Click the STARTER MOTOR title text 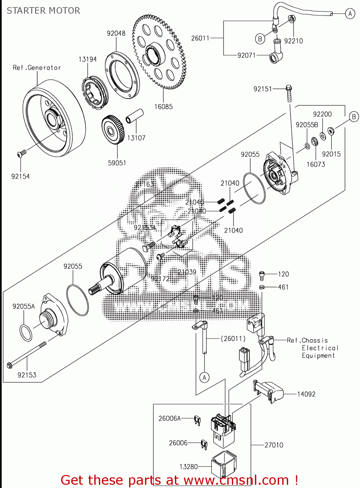click(x=43, y=11)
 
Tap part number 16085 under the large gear click(x=163, y=107)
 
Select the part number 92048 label click(x=116, y=33)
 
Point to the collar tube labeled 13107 click(x=134, y=116)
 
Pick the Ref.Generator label click(x=37, y=68)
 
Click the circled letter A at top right click(x=350, y=14)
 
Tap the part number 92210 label click(x=293, y=41)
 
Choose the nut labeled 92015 click(x=331, y=131)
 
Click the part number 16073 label click(x=315, y=164)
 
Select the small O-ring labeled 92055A click(x=26, y=333)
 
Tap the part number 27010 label click(x=274, y=445)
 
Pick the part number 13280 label click(x=189, y=467)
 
